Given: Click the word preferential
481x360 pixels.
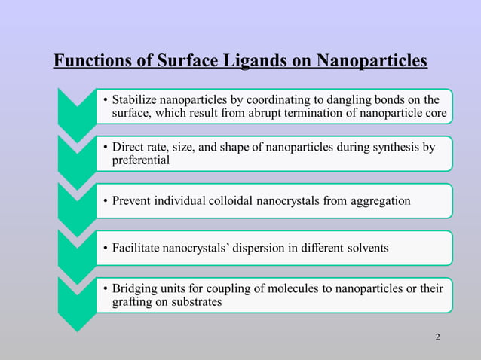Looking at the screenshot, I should coord(141,160).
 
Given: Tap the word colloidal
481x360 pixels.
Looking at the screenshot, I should coord(240,200).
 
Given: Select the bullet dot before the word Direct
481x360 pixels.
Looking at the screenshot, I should coord(106,148).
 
